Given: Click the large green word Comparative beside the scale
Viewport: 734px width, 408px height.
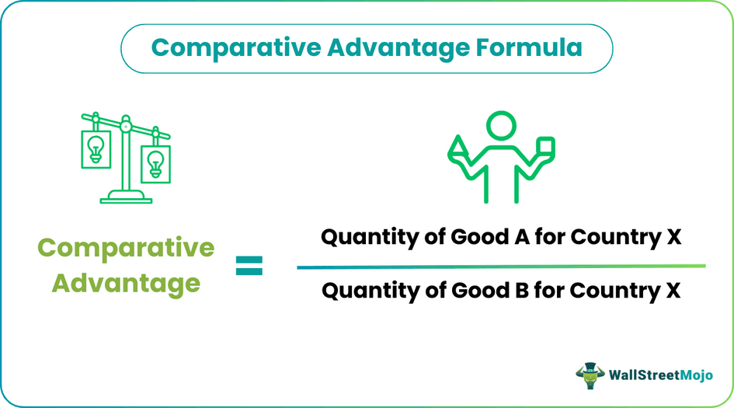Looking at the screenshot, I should (x=126, y=249).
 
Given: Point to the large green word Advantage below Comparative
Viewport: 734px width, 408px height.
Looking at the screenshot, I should (x=126, y=283).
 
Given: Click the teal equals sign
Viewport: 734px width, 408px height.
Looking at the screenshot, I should (x=249, y=267).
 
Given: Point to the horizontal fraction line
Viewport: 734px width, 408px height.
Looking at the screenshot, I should (x=501, y=266).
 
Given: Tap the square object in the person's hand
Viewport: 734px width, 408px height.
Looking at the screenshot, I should (x=544, y=148).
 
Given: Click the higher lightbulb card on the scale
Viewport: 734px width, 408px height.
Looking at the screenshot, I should (x=96, y=148).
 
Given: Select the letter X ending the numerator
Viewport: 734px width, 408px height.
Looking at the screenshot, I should (x=673, y=238).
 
